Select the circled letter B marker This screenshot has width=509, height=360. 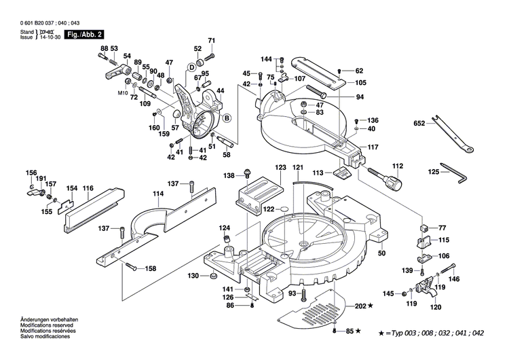(227, 118)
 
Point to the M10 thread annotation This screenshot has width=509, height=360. (123, 92)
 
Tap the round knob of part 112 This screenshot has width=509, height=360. (394, 182)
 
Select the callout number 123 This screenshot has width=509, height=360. (280, 166)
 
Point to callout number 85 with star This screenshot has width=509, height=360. (352, 331)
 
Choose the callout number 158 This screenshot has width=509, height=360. (151, 269)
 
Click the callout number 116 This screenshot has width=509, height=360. (88, 187)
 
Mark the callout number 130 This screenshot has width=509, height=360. (193, 276)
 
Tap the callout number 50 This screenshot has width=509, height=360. (381, 253)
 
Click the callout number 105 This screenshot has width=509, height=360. (360, 83)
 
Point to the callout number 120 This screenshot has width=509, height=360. (435, 307)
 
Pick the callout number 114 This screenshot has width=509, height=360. (158, 193)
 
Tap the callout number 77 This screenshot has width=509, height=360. (442, 228)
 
